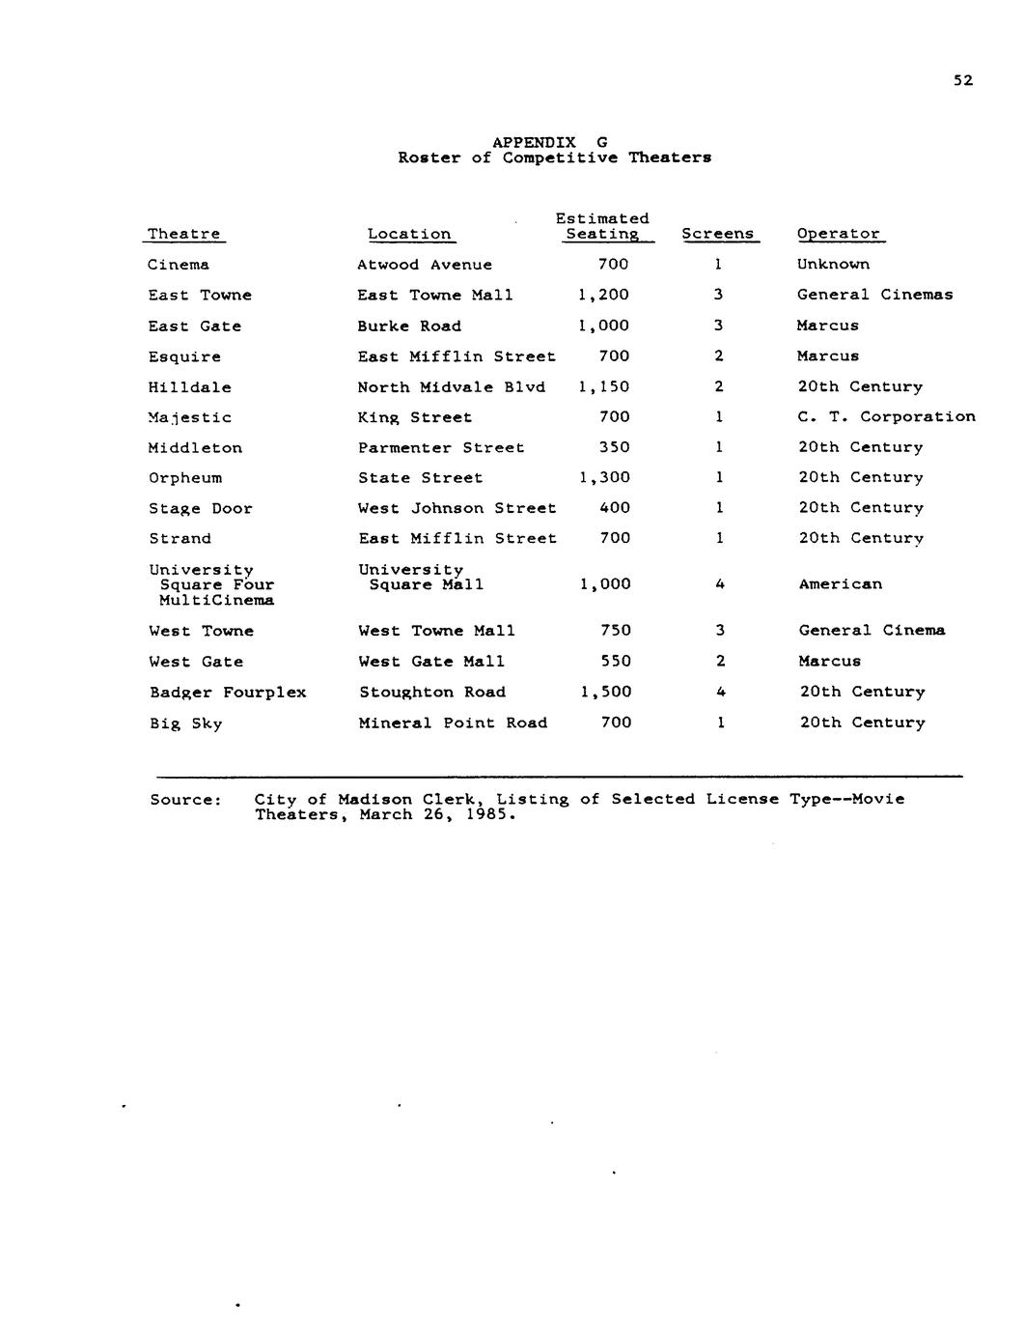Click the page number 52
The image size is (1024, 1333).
pyautogui.click(x=963, y=80)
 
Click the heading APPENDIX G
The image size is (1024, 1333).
pyautogui.click(x=549, y=142)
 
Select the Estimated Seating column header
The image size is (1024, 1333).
pyautogui.click(x=602, y=226)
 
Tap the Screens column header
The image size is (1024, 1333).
pyautogui.click(x=717, y=234)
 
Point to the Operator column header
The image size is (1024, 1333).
pyautogui.click(x=838, y=234)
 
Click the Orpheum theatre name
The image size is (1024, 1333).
pyautogui.click(x=185, y=478)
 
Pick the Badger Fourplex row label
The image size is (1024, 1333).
pyautogui.click(x=228, y=693)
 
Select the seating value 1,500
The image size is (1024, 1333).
pyautogui.click(x=606, y=692)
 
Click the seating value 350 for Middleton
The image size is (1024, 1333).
pyautogui.click(x=614, y=447)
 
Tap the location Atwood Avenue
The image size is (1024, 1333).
pyautogui.click(x=425, y=265)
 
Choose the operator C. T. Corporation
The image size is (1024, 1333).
pyautogui.click(x=886, y=417)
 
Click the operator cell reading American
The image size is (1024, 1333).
pyautogui.click(x=840, y=584)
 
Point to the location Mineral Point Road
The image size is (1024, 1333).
pyautogui.click(x=453, y=723)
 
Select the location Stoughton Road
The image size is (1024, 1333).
pyautogui.click(x=432, y=693)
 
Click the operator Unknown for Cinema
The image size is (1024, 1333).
pyautogui.click(x=833, y=265)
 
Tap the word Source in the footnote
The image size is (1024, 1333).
pyautogui.click(x=185, y=800)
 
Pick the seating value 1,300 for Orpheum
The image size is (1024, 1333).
pyautogui.click(x=604, y=477)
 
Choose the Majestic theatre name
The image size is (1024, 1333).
pyautogui.click(x=190, y=417)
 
